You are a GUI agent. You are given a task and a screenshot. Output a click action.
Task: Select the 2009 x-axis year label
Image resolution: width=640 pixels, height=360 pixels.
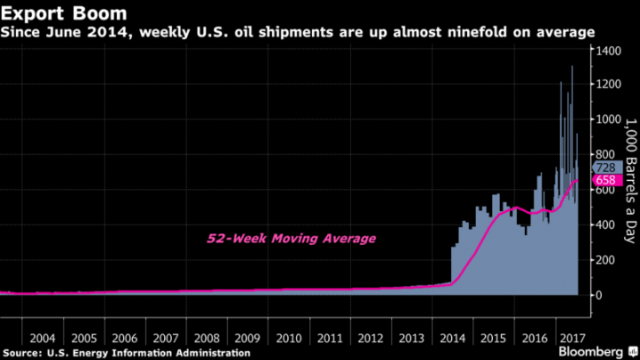[x=248, y=339]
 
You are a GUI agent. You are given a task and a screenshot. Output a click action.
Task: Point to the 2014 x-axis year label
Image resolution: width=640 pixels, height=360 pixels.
[x=452, y=339]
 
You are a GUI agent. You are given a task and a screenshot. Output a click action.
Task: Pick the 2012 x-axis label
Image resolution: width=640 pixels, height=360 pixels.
[x=370, y=339]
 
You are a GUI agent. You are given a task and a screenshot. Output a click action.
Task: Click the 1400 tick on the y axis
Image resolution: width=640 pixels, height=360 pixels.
[x=609, y=50]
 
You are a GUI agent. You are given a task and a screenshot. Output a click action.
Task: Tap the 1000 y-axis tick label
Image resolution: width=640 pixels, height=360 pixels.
[x=609, y=119]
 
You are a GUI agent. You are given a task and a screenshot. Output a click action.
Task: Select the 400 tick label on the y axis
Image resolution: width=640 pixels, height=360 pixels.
[x=606, y=224]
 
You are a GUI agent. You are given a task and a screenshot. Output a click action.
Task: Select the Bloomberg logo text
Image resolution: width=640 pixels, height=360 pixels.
[x=597, y=352]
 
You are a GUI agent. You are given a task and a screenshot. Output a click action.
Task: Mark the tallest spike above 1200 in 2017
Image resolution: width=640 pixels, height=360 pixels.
[x=571, y=67]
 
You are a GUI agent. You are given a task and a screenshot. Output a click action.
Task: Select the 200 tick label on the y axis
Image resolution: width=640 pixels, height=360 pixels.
[x=606, y=259]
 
